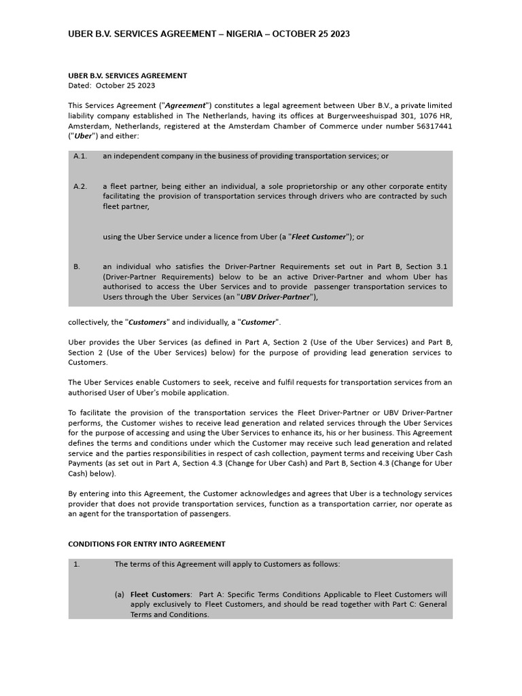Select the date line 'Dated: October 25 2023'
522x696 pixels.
(x=111, y=86)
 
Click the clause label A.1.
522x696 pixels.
(x=80, y=156)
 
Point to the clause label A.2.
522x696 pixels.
(x=80, y=186)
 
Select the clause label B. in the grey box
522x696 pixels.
(x=76, y=267)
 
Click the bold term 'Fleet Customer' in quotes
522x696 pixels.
(x=319, y=237)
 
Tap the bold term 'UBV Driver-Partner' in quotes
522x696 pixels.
(x=277, y=297)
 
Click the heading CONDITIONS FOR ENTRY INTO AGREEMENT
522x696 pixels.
(x=147, y=544)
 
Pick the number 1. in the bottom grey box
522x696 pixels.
(x=77, y=564)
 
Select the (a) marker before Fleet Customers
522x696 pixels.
(x=120, y=594)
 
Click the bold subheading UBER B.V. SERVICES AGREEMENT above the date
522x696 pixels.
(x=128, y=75)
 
